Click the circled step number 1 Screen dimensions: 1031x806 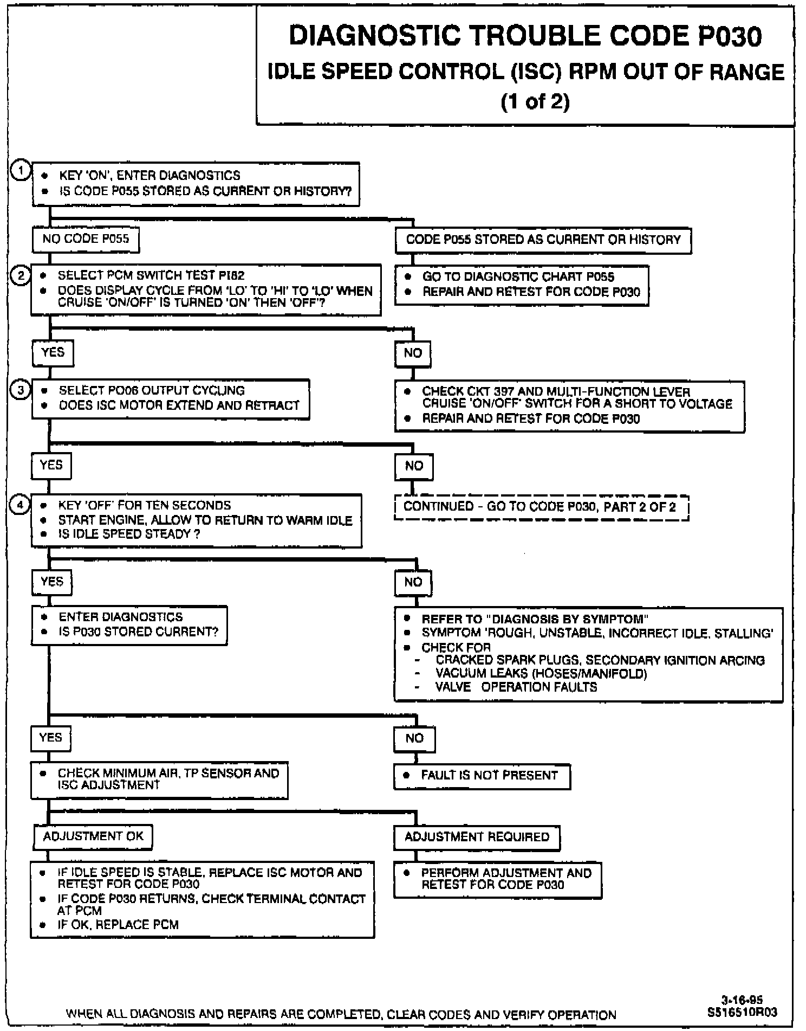point(20,171)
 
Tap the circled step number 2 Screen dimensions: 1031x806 point(21,276)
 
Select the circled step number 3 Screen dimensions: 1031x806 point(21,390)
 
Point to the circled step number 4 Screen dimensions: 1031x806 point(21,505)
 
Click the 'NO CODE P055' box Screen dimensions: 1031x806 point(86,240)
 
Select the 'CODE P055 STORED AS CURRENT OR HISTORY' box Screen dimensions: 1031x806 point(543,240)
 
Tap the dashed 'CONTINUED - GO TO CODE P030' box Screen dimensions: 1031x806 point(541,507)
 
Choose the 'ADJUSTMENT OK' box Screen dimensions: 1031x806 point(93,836)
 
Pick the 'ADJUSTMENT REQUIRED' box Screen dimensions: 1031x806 point(477,837)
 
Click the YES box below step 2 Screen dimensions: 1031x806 point(53,353)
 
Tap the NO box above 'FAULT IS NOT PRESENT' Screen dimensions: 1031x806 point(414,738)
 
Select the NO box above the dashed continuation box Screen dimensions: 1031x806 point(414,466)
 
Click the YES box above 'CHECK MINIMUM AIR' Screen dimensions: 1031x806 point(51,738)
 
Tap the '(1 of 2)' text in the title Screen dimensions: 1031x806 point(535,102)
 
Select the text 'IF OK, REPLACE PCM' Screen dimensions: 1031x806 point(118,925)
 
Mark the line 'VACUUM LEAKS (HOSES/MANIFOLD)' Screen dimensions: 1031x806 point(541,674)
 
